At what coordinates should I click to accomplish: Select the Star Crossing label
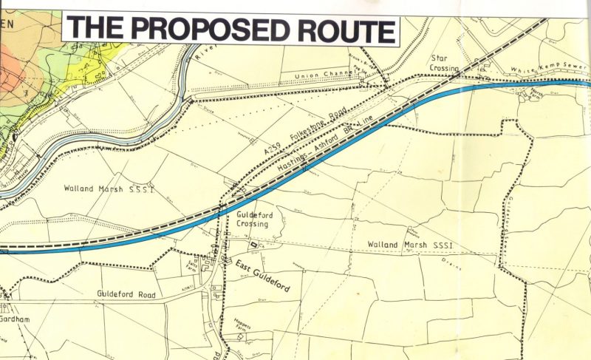tap(444, 62)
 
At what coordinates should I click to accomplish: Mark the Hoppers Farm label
tap(242, 323)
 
